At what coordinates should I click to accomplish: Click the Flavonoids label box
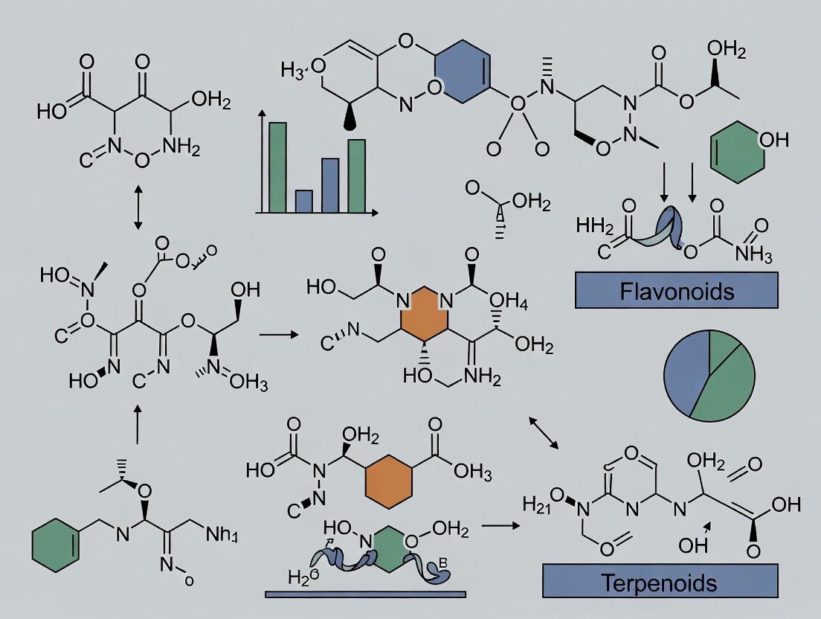[676, 290]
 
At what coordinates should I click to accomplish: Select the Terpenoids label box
[660, 582]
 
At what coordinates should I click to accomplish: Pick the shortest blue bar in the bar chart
[303, 201]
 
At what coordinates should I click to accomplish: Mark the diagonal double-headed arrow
[544, 432]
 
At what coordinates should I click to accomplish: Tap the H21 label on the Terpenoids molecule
[542, 504]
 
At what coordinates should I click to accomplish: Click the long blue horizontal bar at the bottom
[365, 594]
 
